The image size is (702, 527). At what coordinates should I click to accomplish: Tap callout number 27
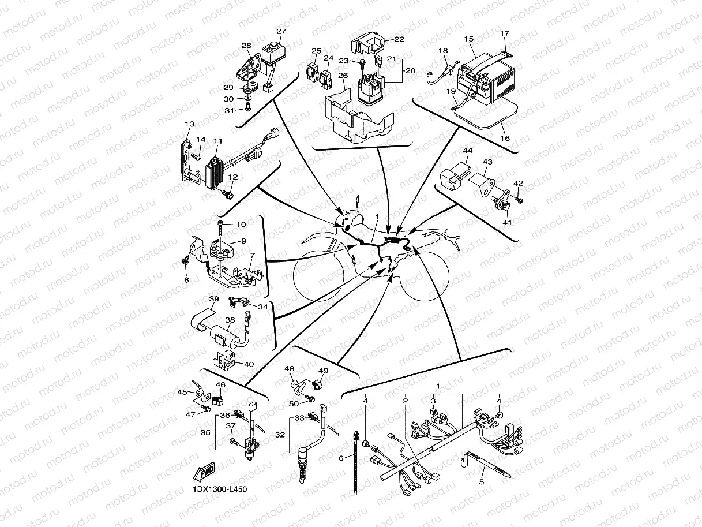[281, 32]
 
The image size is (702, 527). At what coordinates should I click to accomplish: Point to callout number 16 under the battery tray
[505, 139]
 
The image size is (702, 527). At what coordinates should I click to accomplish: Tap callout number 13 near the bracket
[189, 124]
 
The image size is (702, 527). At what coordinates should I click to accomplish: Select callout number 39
[214, 299]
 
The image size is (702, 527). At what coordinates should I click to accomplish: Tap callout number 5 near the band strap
[482, 481]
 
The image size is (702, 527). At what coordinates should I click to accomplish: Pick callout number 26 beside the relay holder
[343, 76]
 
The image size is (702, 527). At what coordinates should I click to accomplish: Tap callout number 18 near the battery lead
[443, 51]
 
